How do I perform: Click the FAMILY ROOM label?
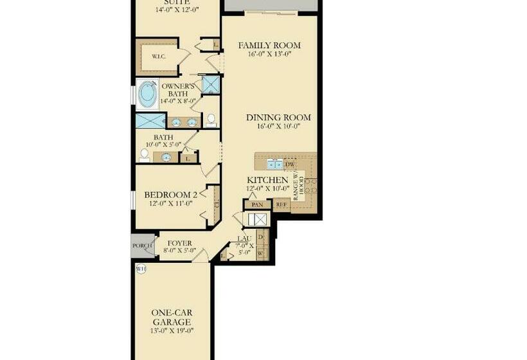click(269, 46)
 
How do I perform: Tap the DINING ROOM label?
click(278, 118)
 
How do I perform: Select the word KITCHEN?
click(267, 180)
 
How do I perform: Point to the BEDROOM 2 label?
click(170, 195)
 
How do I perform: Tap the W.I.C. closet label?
click(159, 57)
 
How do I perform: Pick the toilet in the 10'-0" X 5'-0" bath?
click(145, 155)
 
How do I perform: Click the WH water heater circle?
click(141, 269)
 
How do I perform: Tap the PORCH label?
click(142, 246)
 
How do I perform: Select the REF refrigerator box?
click(281, 204)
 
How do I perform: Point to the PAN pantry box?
click(258, 204)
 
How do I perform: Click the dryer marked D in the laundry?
click(260, 237)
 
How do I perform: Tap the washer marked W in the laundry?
click(260, 253)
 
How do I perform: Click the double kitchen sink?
click(274, 163)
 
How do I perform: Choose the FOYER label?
click(179, 243)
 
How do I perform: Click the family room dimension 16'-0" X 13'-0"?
click(269, 55)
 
